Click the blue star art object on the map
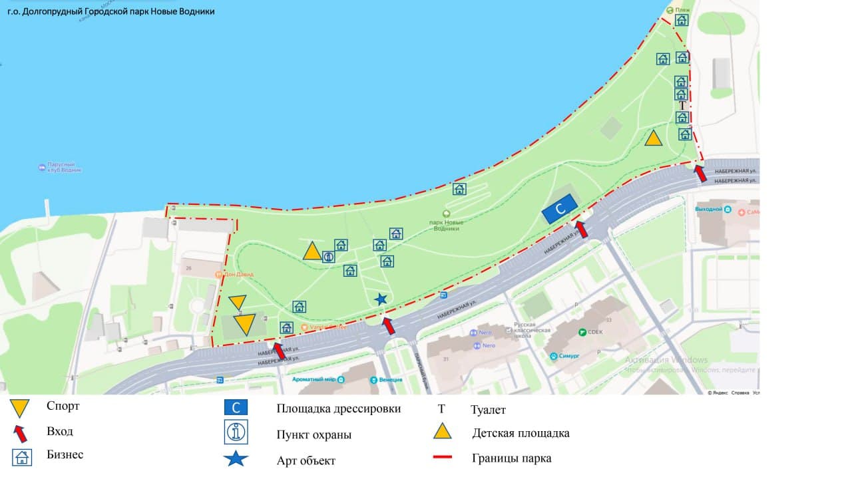[x=381, y=299]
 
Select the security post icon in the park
[x=328, y=257]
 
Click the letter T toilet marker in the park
[x=682, y=106]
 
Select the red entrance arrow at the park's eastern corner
[x=700, y=174]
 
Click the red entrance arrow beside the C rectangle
[x=581, y=230]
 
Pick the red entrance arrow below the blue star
[x=389, y=326]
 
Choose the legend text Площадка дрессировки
[x=338, y=408]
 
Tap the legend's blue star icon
[x=236, y=459]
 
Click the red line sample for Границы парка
[x=443, y=458]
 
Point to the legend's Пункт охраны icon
[x=236, y=432]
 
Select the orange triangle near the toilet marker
[x=653, y=138]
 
